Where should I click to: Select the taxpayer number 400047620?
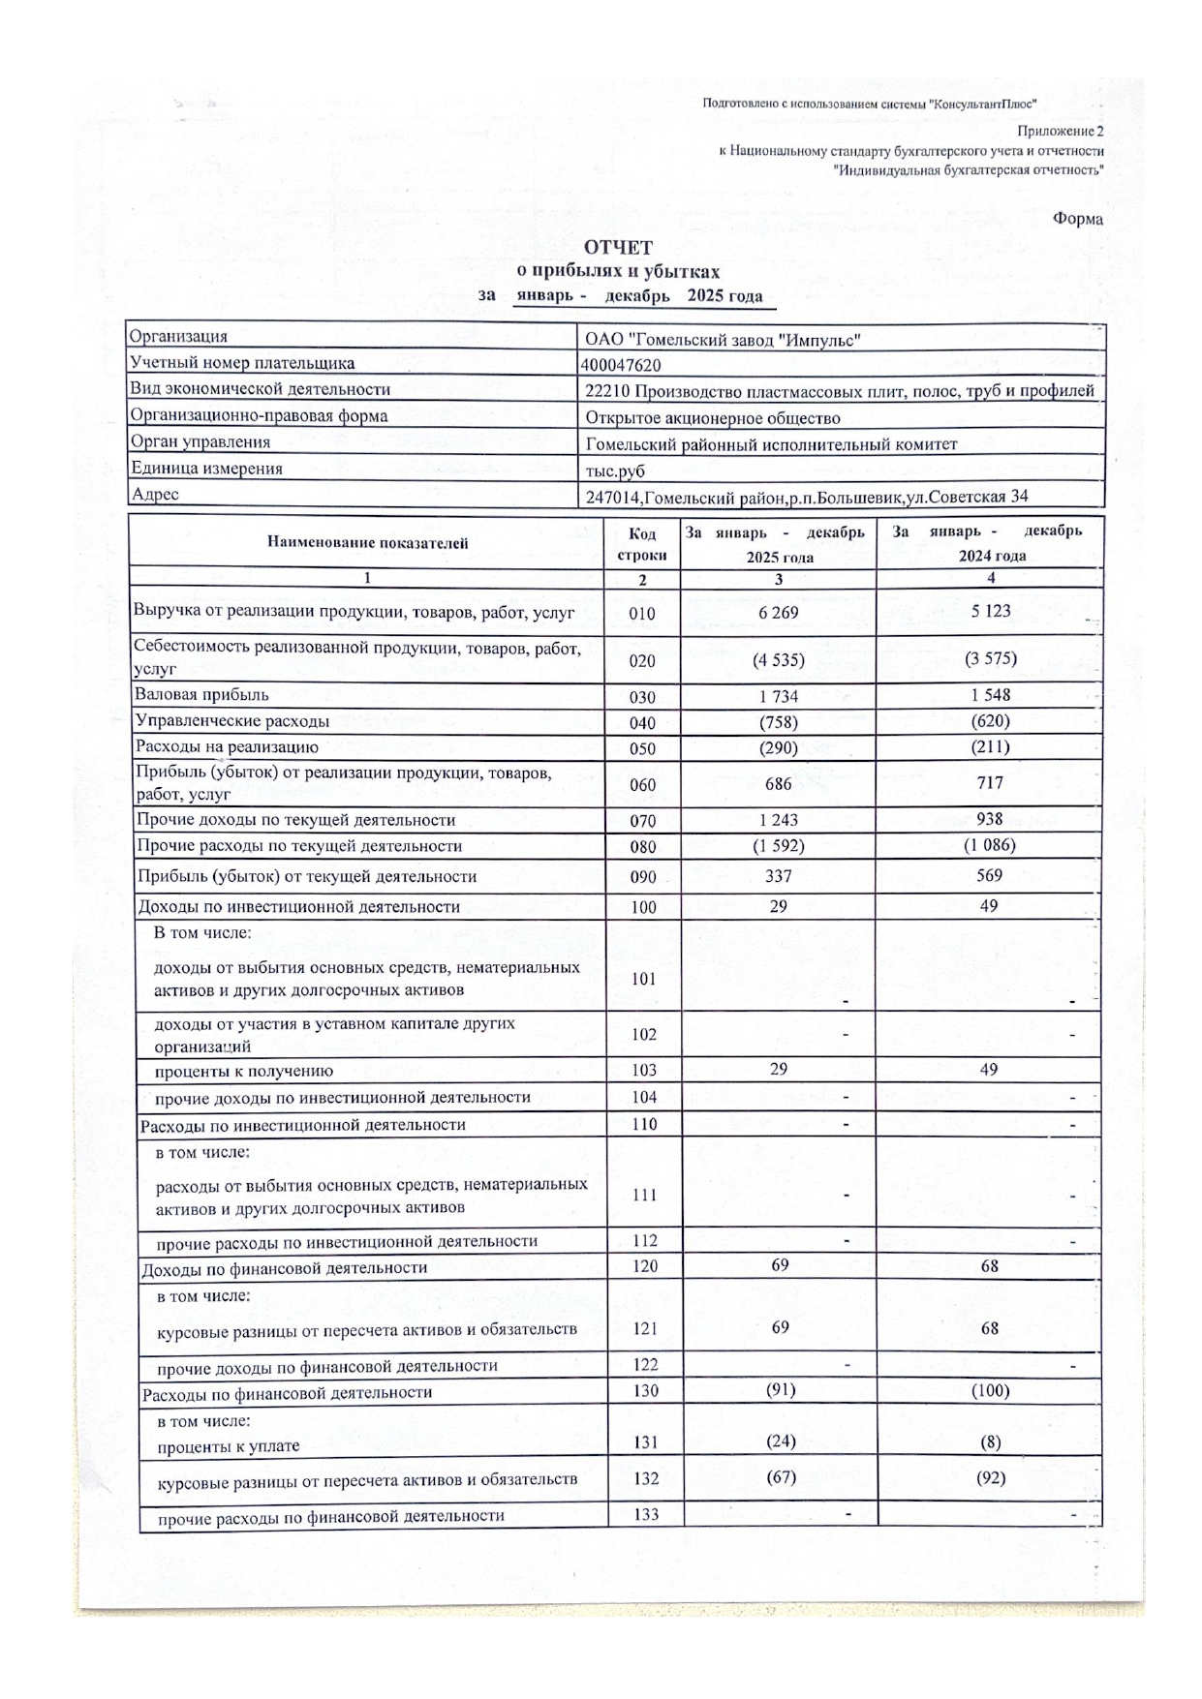(x=622, y=365)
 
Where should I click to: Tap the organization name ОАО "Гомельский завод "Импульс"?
(x=723, y=340)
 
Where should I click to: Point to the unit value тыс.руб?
(x=615, y=471)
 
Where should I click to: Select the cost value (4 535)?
(x=779, y=660)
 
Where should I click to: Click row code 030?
(x=642, y=697)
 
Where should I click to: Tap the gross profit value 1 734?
(x=779, y=696)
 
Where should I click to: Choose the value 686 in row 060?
(x=778, y=784)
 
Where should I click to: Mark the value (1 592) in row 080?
(x=779, y=846)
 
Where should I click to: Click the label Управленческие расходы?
(x=232, y=721)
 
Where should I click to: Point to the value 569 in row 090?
(x=990, y=875)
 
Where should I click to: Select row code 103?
(x=643, y=1071)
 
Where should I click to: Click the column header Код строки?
(x=642, y=544)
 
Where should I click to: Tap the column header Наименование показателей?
(x=367, y=543)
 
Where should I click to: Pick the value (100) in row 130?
(x=990, y=1391)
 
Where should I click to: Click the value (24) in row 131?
(x=781, y=1441)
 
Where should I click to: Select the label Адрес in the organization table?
(x=155, y=495)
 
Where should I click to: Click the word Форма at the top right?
(x=1077, y=219)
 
